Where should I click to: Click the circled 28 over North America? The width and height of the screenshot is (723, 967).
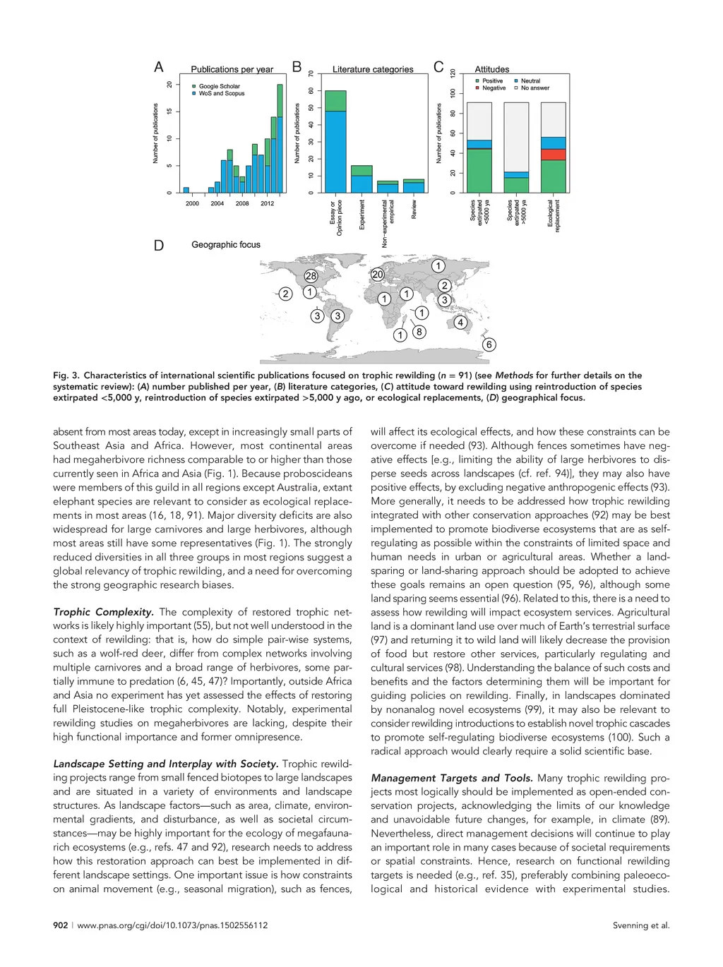pyautogui.click(x=311, y=276)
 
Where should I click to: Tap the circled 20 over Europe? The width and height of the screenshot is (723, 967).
pyautogui.click(x=378, y=275)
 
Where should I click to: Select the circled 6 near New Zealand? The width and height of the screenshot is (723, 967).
pyautogui.click(x=489, y=344)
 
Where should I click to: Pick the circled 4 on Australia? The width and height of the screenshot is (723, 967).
pyautogui.click(x=460, y=323)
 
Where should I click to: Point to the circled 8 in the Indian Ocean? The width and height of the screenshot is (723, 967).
pyautogui.click(x=419, y=332)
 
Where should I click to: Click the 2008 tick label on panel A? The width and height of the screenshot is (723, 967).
pyautogui.click(x=242, y=204)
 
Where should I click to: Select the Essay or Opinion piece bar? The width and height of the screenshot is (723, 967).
pyautogui.click(x=335, y=148)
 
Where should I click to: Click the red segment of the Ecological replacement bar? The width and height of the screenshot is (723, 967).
pyautogui.click(x=554, y=155)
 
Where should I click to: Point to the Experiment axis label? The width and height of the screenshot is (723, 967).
pyautogui.click(x=362, y=214)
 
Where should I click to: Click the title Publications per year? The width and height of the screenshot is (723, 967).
pyautogui.click(x=232, y=69)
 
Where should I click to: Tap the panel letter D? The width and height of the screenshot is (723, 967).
pyautogui.click(x=159, y=246)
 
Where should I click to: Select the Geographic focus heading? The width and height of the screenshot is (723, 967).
pyautogui.click(x=226, y=245)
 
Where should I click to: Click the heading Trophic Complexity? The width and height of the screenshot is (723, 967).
pyautogui.click(x=103, y=612)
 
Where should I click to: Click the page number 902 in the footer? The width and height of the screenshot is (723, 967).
pyautogui.click(x=61, y=925)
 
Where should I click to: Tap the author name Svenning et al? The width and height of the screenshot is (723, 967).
pyautogui.click(x=640, y=925)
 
